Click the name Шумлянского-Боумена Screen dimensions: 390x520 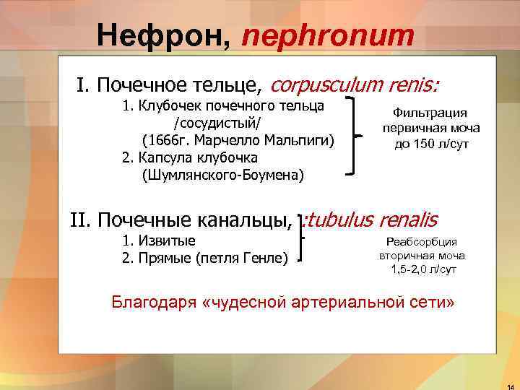pyautogui.click(x=223, y=175)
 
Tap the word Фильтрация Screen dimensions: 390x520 pyautogui.click(x=430, y=113)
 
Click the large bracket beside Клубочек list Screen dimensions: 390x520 pyautogui.click(x=356, y=137)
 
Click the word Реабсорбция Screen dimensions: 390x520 pyautogui.click(x=422, y=242)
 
